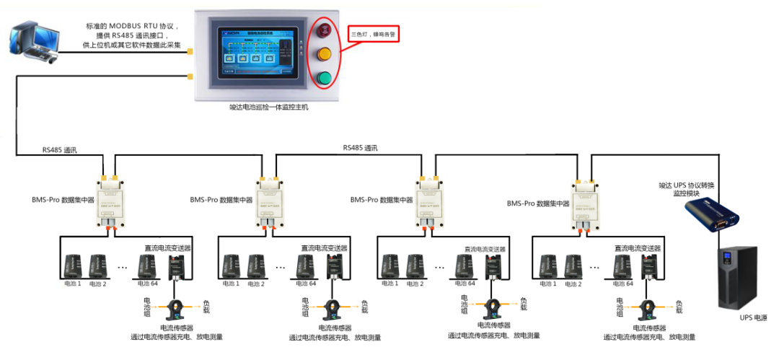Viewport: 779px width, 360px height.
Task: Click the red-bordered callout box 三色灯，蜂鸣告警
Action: point(374,34)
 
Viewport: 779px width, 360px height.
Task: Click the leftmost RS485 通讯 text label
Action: point(59,150)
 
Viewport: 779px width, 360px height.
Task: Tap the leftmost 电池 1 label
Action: point(70,284)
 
